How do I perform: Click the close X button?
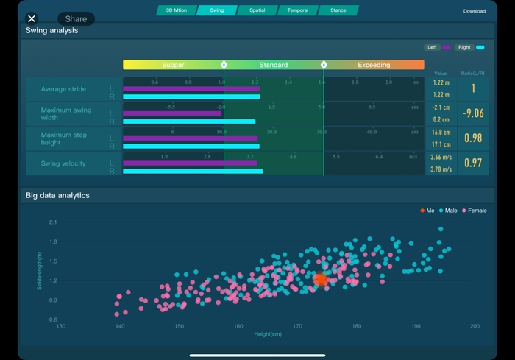32,18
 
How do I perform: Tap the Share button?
76,18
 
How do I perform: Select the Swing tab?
217,10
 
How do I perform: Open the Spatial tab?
257,10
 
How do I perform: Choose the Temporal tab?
298,10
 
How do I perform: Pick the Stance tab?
338,10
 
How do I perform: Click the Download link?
475,11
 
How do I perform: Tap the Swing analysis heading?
51,31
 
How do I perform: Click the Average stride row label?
63,89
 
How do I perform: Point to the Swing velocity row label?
63,163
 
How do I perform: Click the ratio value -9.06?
473,113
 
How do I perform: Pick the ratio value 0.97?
473,163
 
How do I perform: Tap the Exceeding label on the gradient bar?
374,65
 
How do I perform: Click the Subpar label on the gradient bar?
173,65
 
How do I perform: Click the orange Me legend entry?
427,211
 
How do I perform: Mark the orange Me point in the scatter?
321,279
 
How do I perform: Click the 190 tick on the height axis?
416,326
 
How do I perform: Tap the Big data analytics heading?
57,195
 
